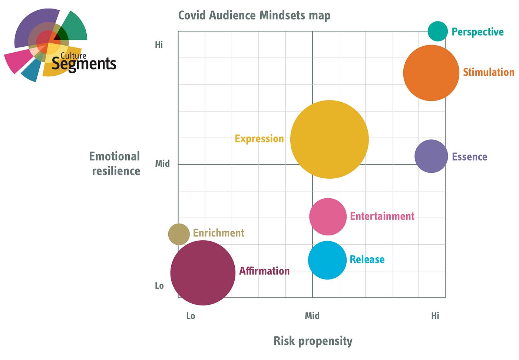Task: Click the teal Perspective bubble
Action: [x=438, y=31]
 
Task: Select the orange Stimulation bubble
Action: [x=431, y=73]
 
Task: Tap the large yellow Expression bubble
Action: [x=329, y=139]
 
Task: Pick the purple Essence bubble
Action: [x=431, y=156]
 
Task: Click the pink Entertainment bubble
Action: [x=328, y=217]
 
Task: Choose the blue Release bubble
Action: [x=327, y=260]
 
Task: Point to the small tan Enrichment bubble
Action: [x=179, y=234]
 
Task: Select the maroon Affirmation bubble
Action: [x=203, y=273]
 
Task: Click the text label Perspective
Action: [x=477, y=32]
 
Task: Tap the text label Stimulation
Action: [x=489, y=72]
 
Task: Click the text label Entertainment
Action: [x=382, y=216]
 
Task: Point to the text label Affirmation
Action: [x=264, y=271]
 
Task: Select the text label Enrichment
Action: [x=219, y=233]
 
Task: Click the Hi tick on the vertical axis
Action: [x=159, y=45]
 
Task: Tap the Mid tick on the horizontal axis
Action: [x=312, y=316]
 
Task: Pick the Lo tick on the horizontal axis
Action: [x=191, y=316]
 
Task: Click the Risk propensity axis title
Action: [x=313, y=341]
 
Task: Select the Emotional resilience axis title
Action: [x=115, y=164]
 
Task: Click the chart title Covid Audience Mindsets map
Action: [x=254, y=16]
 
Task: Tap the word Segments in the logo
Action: [x=84, y=64]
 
